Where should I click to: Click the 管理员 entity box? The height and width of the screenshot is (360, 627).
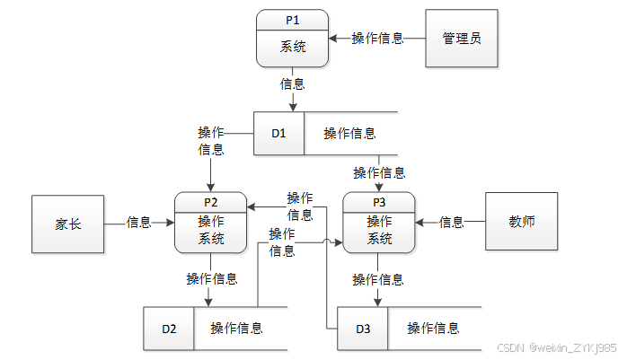(462, 39)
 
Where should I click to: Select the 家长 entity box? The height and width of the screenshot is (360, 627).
(68, 224)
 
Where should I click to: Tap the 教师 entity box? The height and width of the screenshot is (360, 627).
(521, 222)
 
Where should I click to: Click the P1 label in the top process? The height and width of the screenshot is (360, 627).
(292, 21)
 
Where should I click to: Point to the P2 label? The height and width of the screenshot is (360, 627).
(211, 203)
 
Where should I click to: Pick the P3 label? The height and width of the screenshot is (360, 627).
(379, 203)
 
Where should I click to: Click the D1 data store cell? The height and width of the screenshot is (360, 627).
(278, 134)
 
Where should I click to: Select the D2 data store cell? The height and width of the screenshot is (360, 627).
(169, 329)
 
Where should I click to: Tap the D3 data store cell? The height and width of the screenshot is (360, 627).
(363, 329)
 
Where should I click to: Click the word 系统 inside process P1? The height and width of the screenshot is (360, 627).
(293, 47)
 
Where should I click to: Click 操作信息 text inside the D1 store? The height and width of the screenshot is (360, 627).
(350, 134)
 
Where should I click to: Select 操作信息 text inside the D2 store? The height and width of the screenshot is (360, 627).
(237, 329)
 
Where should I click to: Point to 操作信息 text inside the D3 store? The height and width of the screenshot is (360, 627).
(434, 329)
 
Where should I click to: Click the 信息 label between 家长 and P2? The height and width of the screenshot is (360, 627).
(138, 222)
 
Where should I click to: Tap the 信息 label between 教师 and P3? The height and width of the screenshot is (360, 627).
(452, 222)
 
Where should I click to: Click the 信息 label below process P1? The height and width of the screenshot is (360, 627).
(292, 84)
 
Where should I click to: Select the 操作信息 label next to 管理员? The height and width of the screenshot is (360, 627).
(377, 39)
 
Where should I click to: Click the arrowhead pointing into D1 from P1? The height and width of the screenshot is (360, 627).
(293, 107)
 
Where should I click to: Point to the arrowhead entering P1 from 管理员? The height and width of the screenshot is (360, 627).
(333, 39)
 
